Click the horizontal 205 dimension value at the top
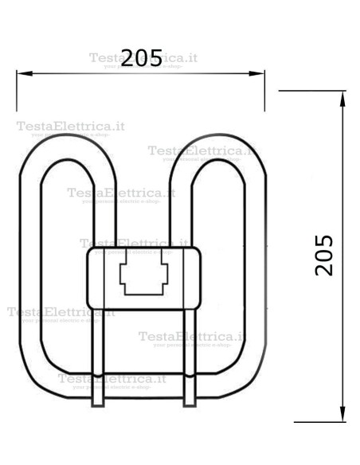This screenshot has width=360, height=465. point(141,58)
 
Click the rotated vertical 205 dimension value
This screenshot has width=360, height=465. point(323,255)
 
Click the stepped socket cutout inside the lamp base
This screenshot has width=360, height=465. point(143,278)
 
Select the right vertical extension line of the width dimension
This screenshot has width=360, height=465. point(265,96)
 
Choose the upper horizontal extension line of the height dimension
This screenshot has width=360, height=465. point(311,91)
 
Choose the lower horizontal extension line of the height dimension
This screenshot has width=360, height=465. point(319,421)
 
